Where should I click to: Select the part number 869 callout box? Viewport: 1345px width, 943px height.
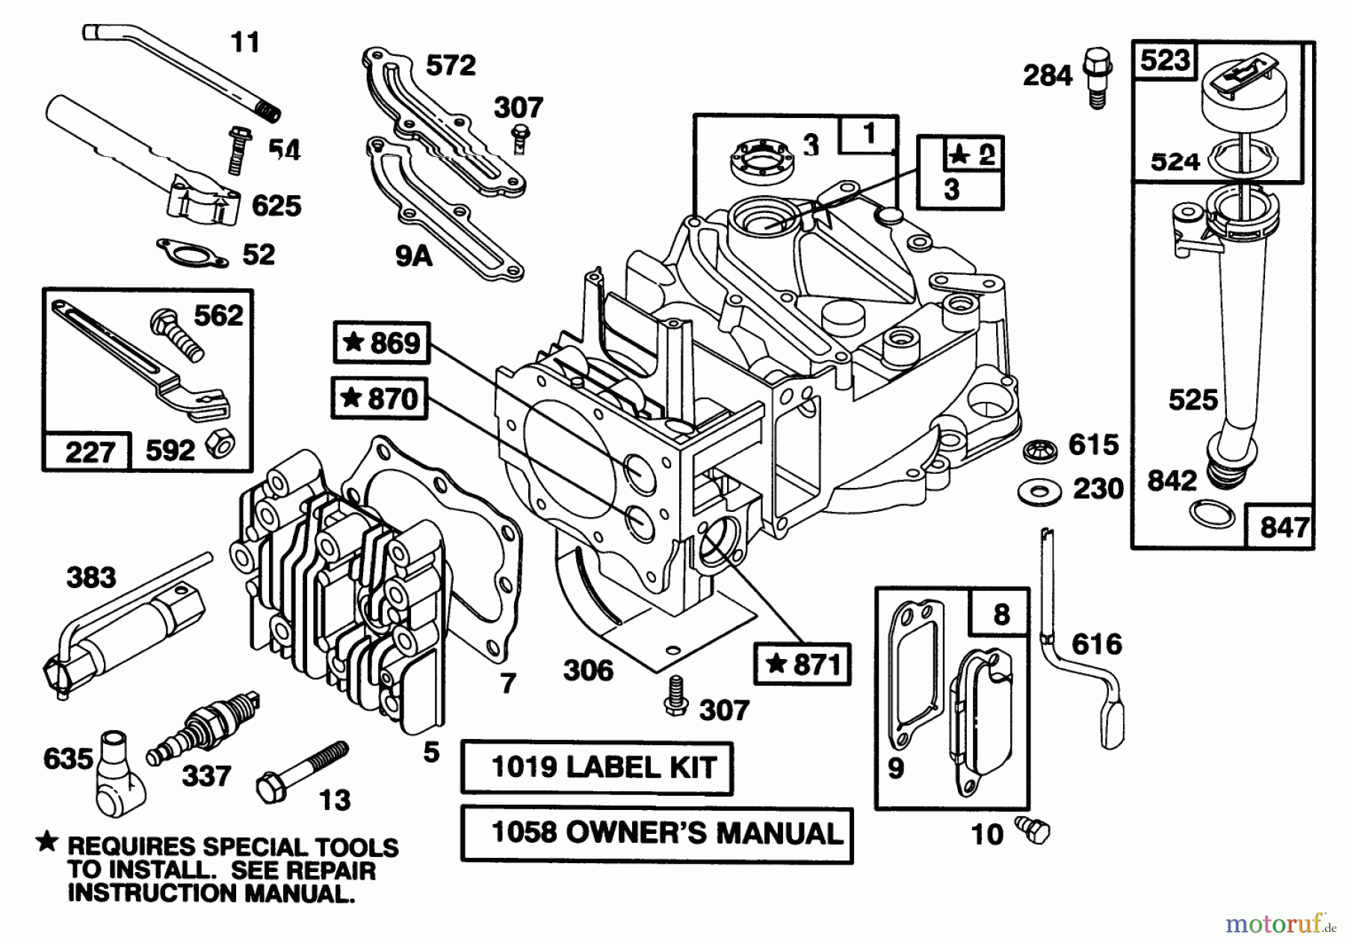coord(382,343)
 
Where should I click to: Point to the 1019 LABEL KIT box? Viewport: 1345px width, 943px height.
coord(596,767)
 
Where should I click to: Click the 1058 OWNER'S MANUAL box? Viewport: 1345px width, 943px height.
coord(657,834)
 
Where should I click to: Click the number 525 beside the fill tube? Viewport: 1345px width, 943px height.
coord(1193,401)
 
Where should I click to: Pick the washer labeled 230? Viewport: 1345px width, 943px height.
coord(1038,492)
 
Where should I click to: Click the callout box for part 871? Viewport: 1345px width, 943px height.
coord(803,664)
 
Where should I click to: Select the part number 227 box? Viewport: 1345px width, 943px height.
coord(88,451)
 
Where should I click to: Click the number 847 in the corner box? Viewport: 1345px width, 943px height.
coord(1283,527)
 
